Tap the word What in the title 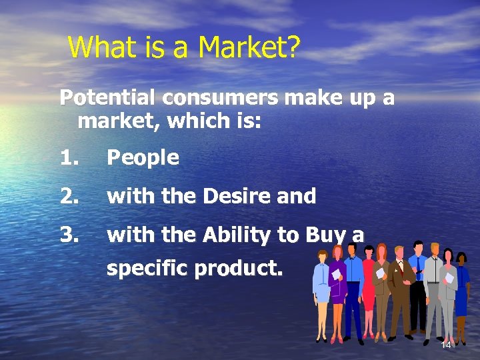tap(97, 47)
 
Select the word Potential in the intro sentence tap(108, 98)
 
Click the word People tap(143, 158)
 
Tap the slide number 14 tap(446, 345)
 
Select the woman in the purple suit tap(338, 283)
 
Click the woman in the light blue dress tap(322, 283)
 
